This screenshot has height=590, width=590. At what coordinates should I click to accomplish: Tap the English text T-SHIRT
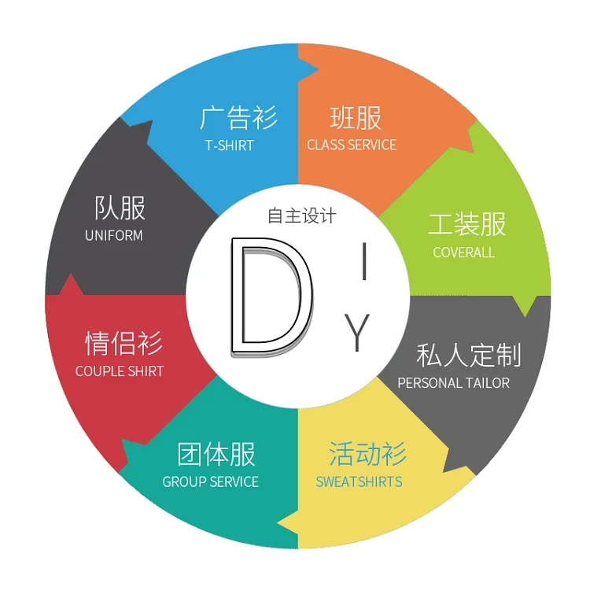pyautogui.click(x=230, y=145)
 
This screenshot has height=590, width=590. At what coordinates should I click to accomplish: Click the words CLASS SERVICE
pyautogui.click(x=352, y=145)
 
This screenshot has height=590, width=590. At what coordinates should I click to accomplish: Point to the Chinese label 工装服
pyautogui.click(x=466, y=225)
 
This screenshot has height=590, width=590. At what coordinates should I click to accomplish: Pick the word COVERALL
pyautogui.click(x=463, y=253)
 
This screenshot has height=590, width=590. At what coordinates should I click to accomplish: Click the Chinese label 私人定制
pyautogui.click(x=468, y=355)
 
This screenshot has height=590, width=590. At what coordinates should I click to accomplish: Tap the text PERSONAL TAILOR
pyautogui.click(x=453, y=383)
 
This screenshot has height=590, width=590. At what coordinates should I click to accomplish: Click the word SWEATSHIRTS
pyautogui.click(x=359, y=481)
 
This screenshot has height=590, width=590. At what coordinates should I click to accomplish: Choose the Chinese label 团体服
pyautogui.click(x=216, y=455)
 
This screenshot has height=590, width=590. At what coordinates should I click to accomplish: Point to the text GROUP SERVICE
pyautogui.click(x=210, y=481)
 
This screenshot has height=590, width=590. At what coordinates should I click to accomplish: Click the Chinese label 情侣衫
pyautogui.click(x=124, y=344)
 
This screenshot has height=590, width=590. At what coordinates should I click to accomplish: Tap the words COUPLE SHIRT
pyautogui.click(x=120, y=371)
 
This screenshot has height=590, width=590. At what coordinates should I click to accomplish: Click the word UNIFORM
pyautogui.click(x=114, y=235)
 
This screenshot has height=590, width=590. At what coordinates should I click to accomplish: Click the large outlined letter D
pyautogui.click(x=267, y=295)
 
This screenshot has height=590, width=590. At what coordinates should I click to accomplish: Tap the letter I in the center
pyautogui.click(x=363, y=262)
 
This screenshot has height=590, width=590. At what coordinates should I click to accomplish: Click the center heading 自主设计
pyautogui.click(x=301, y=216)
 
